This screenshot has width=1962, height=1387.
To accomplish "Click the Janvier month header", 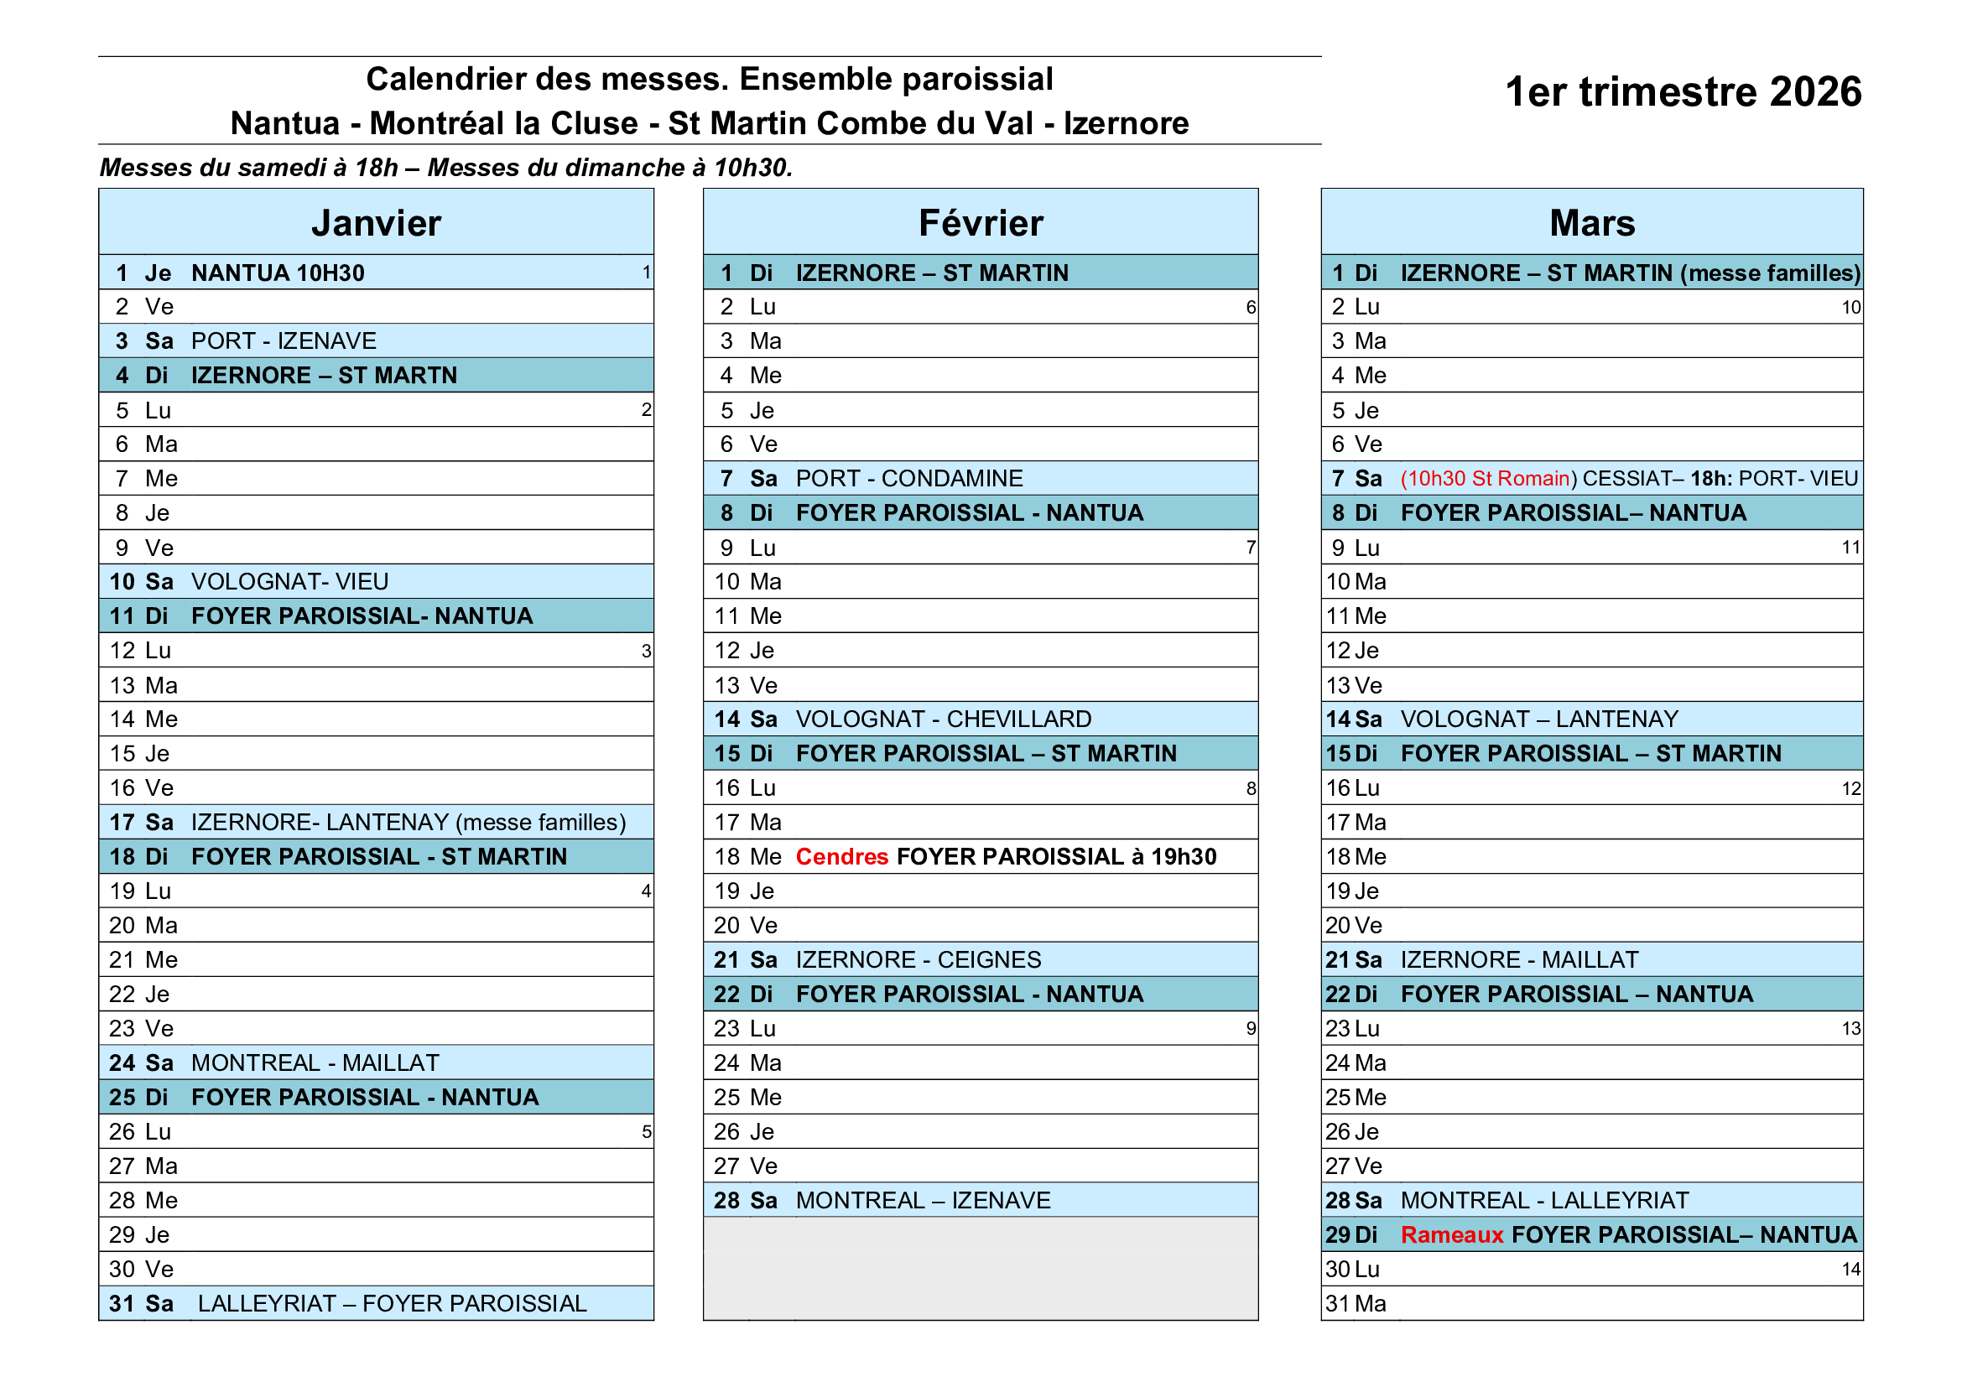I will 376,223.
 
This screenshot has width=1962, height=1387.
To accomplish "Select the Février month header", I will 980,223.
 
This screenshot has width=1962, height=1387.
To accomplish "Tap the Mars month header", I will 1592,223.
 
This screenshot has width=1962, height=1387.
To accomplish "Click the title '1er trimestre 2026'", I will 1683,91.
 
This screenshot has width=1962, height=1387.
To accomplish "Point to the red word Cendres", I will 841,857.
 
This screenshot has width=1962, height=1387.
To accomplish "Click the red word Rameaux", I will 1452,1235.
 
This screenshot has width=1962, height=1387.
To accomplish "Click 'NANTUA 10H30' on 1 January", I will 278,273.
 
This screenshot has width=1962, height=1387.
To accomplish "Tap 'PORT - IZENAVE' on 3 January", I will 284,341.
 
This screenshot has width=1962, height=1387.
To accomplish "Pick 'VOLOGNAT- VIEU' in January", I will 289,582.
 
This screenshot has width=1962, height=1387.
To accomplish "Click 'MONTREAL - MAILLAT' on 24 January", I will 315,1063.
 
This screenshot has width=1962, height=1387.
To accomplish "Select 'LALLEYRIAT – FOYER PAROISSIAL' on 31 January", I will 393,1304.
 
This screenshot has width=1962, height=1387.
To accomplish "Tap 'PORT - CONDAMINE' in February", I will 909,478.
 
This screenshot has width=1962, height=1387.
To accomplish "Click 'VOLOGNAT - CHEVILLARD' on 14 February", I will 944,719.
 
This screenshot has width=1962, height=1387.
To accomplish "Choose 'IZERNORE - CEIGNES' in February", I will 919,960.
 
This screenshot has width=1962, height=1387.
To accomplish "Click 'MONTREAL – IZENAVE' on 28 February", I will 923,1201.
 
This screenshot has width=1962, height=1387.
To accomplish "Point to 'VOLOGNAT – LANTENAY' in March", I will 1539,719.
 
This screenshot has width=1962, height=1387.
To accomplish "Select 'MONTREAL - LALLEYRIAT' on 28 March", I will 1544,1201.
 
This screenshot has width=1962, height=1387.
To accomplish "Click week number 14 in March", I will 1850,1270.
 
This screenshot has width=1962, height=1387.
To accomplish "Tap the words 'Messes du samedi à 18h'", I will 248,168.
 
